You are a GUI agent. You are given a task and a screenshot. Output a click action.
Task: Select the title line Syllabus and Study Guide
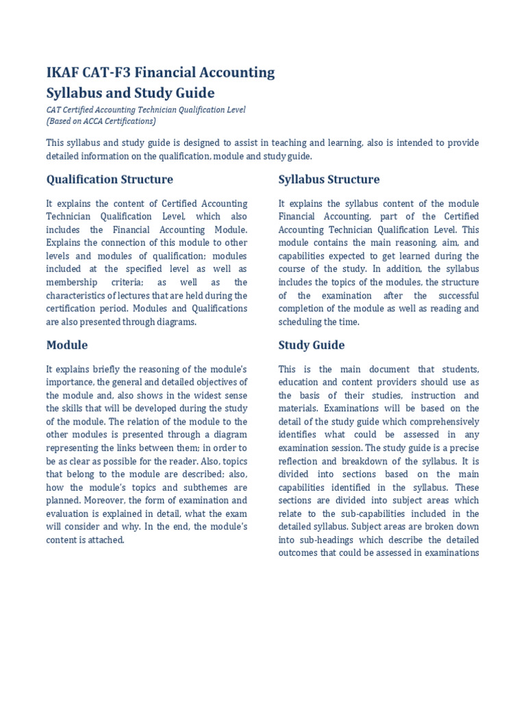point(130,93)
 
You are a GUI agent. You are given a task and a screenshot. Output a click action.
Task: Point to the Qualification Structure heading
point(110,179)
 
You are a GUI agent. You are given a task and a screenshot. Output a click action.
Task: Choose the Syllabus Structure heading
point(329,179)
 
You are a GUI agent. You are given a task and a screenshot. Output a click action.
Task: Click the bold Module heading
point(66,345)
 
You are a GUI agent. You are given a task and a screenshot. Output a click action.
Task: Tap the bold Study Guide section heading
point(312,345)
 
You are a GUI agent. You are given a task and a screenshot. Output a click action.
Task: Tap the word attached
point(105,539)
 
